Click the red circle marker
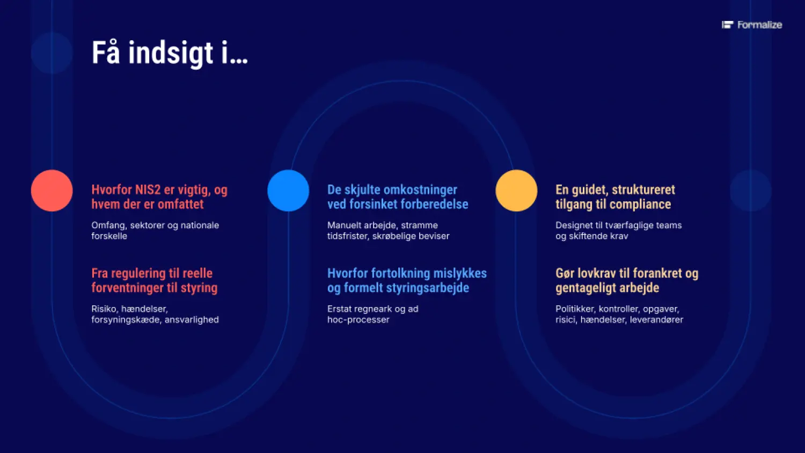[52, 191]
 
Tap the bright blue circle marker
[288, 191]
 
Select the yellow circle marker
[516, 191]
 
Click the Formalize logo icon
[727, 25]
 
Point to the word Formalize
[760, 25]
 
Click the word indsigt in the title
[171, 53]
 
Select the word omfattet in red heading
[181, 204]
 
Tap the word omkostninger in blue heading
[420, 190]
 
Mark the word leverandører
[656, 319]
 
